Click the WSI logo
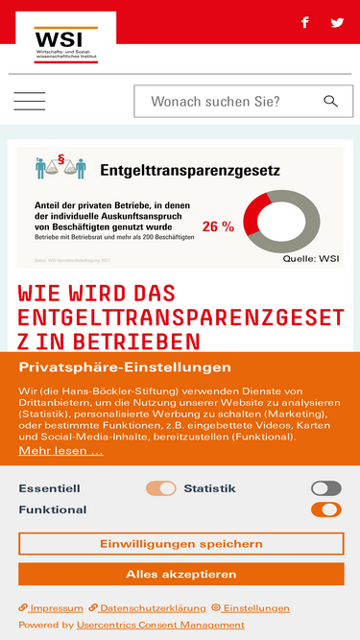(x=63, y=41)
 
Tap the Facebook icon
(x=305, y=22)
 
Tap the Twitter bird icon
(x=337, y=22)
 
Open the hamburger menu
(x=30, y=102)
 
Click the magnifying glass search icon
(x=331, y=102)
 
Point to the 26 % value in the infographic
(x=218, y=227)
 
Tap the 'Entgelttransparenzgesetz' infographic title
(x=190, y=172)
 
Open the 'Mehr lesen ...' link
(x=60, y=450)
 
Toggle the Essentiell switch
(x=161, y=488)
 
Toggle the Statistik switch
(x=326, y=488)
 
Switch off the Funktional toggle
(x=326, y=510)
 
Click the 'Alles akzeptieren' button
(x=180, y=574)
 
